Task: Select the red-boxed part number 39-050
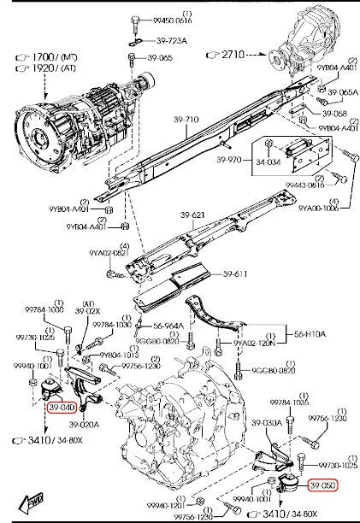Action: [322, 485]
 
